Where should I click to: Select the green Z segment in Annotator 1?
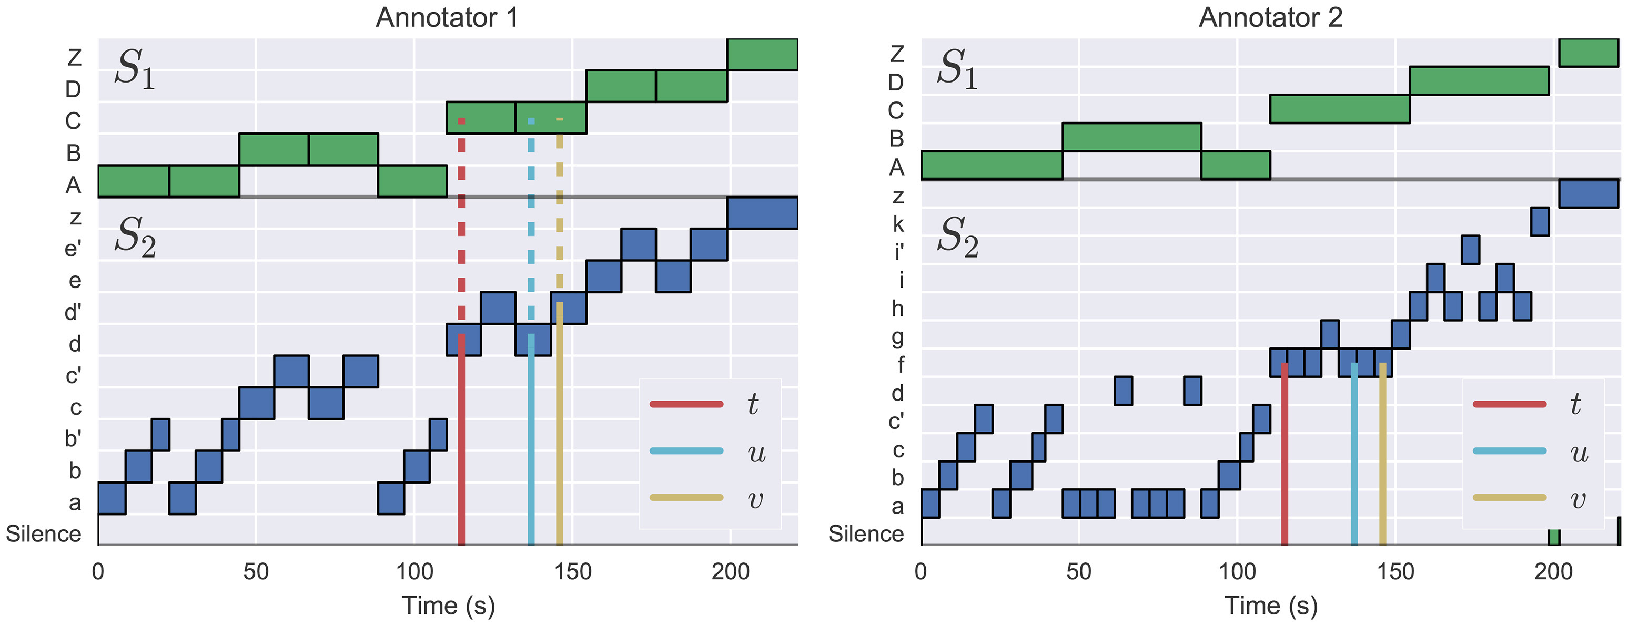tap(762, 54)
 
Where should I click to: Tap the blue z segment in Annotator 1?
tap(762, 213)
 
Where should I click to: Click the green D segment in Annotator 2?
tap(1479, 81)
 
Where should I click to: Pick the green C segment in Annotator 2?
tap(1339, 109)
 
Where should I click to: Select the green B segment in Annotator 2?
tap(1131, 137)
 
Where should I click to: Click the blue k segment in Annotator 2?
tap(1540, 222)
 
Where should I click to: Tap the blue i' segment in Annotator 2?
tap(1470, 250)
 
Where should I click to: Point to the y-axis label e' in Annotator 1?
tap(73, 248)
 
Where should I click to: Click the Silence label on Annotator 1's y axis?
tap(44, 534)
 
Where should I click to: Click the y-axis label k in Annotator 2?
tap(897, 224)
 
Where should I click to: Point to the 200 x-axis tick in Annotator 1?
tap(730, 572)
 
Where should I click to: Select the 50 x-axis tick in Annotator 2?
tap(1079, 572)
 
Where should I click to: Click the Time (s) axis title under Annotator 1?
tap(448, 605)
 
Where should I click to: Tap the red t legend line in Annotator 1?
tap(686, 404)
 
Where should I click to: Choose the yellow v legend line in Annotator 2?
tap(1509, 498)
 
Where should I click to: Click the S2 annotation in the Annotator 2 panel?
tap(957, 237)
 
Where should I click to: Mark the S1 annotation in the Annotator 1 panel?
tap(135, 68)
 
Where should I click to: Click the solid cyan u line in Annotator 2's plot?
tap(1354, 455)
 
